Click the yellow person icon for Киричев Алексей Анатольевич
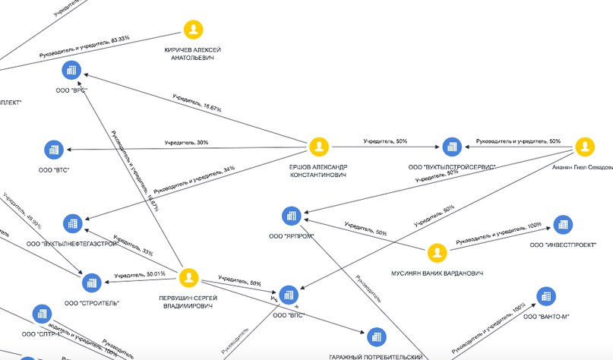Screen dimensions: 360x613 tap(194, 30)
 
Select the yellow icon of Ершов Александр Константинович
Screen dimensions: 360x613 tap(318, 146)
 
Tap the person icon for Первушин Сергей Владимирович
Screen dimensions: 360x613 tap(188, 277)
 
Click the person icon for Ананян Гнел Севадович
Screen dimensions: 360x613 tap(583, 147)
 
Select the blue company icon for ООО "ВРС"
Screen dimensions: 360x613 tap(72, 71)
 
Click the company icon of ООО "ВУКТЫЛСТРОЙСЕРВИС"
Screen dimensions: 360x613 tap(452, 147)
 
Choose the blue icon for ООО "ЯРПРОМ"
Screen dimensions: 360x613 tap(290, 216)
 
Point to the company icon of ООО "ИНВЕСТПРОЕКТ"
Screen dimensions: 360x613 tap(562, 224)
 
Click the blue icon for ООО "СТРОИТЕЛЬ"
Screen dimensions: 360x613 tap(92, 283)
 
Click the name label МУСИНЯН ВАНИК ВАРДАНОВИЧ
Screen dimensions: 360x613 tap(437, 272)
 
